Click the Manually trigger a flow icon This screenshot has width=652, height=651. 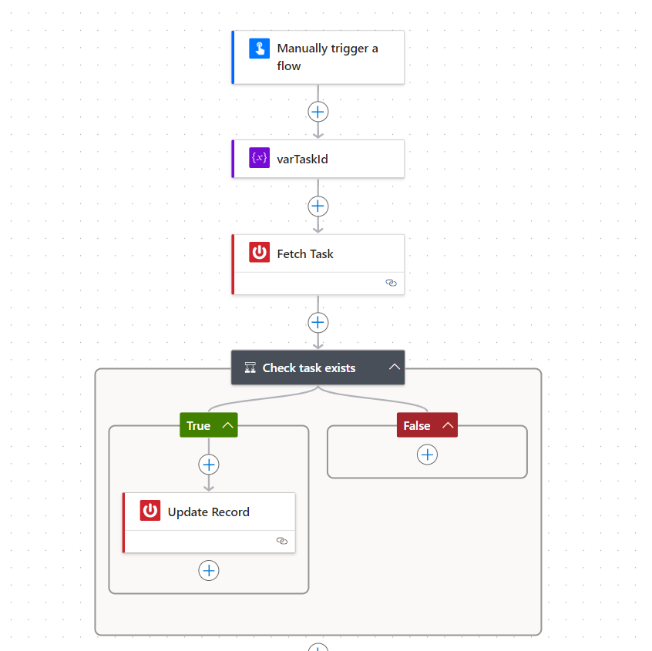tap(260, 49)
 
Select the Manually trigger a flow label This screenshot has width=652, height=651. tap(328, 57)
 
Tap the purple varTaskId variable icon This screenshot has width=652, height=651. tap(260, 158)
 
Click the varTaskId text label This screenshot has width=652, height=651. tap(303, 159)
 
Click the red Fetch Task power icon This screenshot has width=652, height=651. tap(260, 253)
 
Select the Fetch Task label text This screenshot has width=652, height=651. tap(305, 253)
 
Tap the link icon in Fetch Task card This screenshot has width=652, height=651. tap(391, 283)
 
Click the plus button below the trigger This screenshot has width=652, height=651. tap(318, 112)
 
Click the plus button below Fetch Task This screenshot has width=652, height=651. tap(318, 322)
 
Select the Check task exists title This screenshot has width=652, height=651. tap(309, 367)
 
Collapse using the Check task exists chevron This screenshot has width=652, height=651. tap(395, 367)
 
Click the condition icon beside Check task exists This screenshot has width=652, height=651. tap(250, 367)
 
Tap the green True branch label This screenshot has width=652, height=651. tap(198, 425)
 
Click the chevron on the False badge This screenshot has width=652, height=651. tap(447, 425)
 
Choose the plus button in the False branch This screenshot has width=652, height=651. tap(428, 455)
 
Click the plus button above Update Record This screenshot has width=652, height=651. tap(209, 465)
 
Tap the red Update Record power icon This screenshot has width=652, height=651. tap(150, 511)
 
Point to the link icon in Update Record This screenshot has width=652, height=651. tap(282, 541)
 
